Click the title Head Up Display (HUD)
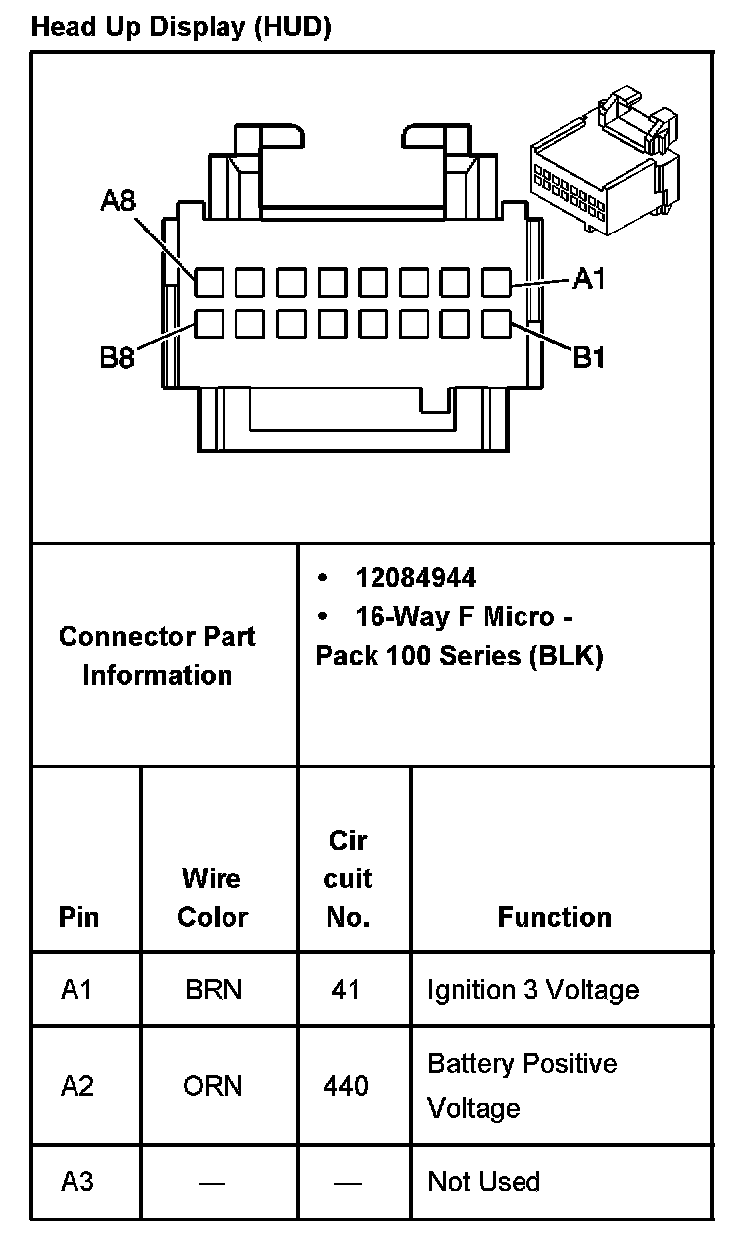pyautogui.click(x=181, y=27)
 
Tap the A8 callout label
pyautogui.click(x=118, y=202)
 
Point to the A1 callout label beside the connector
pyautogui.click(x=589, y=280)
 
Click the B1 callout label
pyautogui.click(x=589, y=357)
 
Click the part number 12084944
pyautogui.click(x=415, y=578)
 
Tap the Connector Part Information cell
pyautogui.click(x=157, y=656)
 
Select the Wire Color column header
pyautogui.click(x=212, y=897)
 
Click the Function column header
pyautogui.click(x=554, y=916)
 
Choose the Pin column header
pyautogui.click(x=78, y=916)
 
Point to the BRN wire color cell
pyautogui.click(x=213, y=990)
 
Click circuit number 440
pyautogui.click(x=346, y=1086)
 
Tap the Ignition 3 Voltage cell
pyautogui.click(x=532, y=990)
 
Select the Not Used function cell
pyautogui.click(x=484, y=1182)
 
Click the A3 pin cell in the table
pyautogui.click(x=77, y=1182)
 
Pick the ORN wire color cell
pyautogui.click(x=213, y=1086)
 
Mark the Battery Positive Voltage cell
pyautogui.click(x=522, y=1086)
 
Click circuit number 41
pyautogui.click(x=346, y=990)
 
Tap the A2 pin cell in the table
pyautogui.click(x=77, y=1086)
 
